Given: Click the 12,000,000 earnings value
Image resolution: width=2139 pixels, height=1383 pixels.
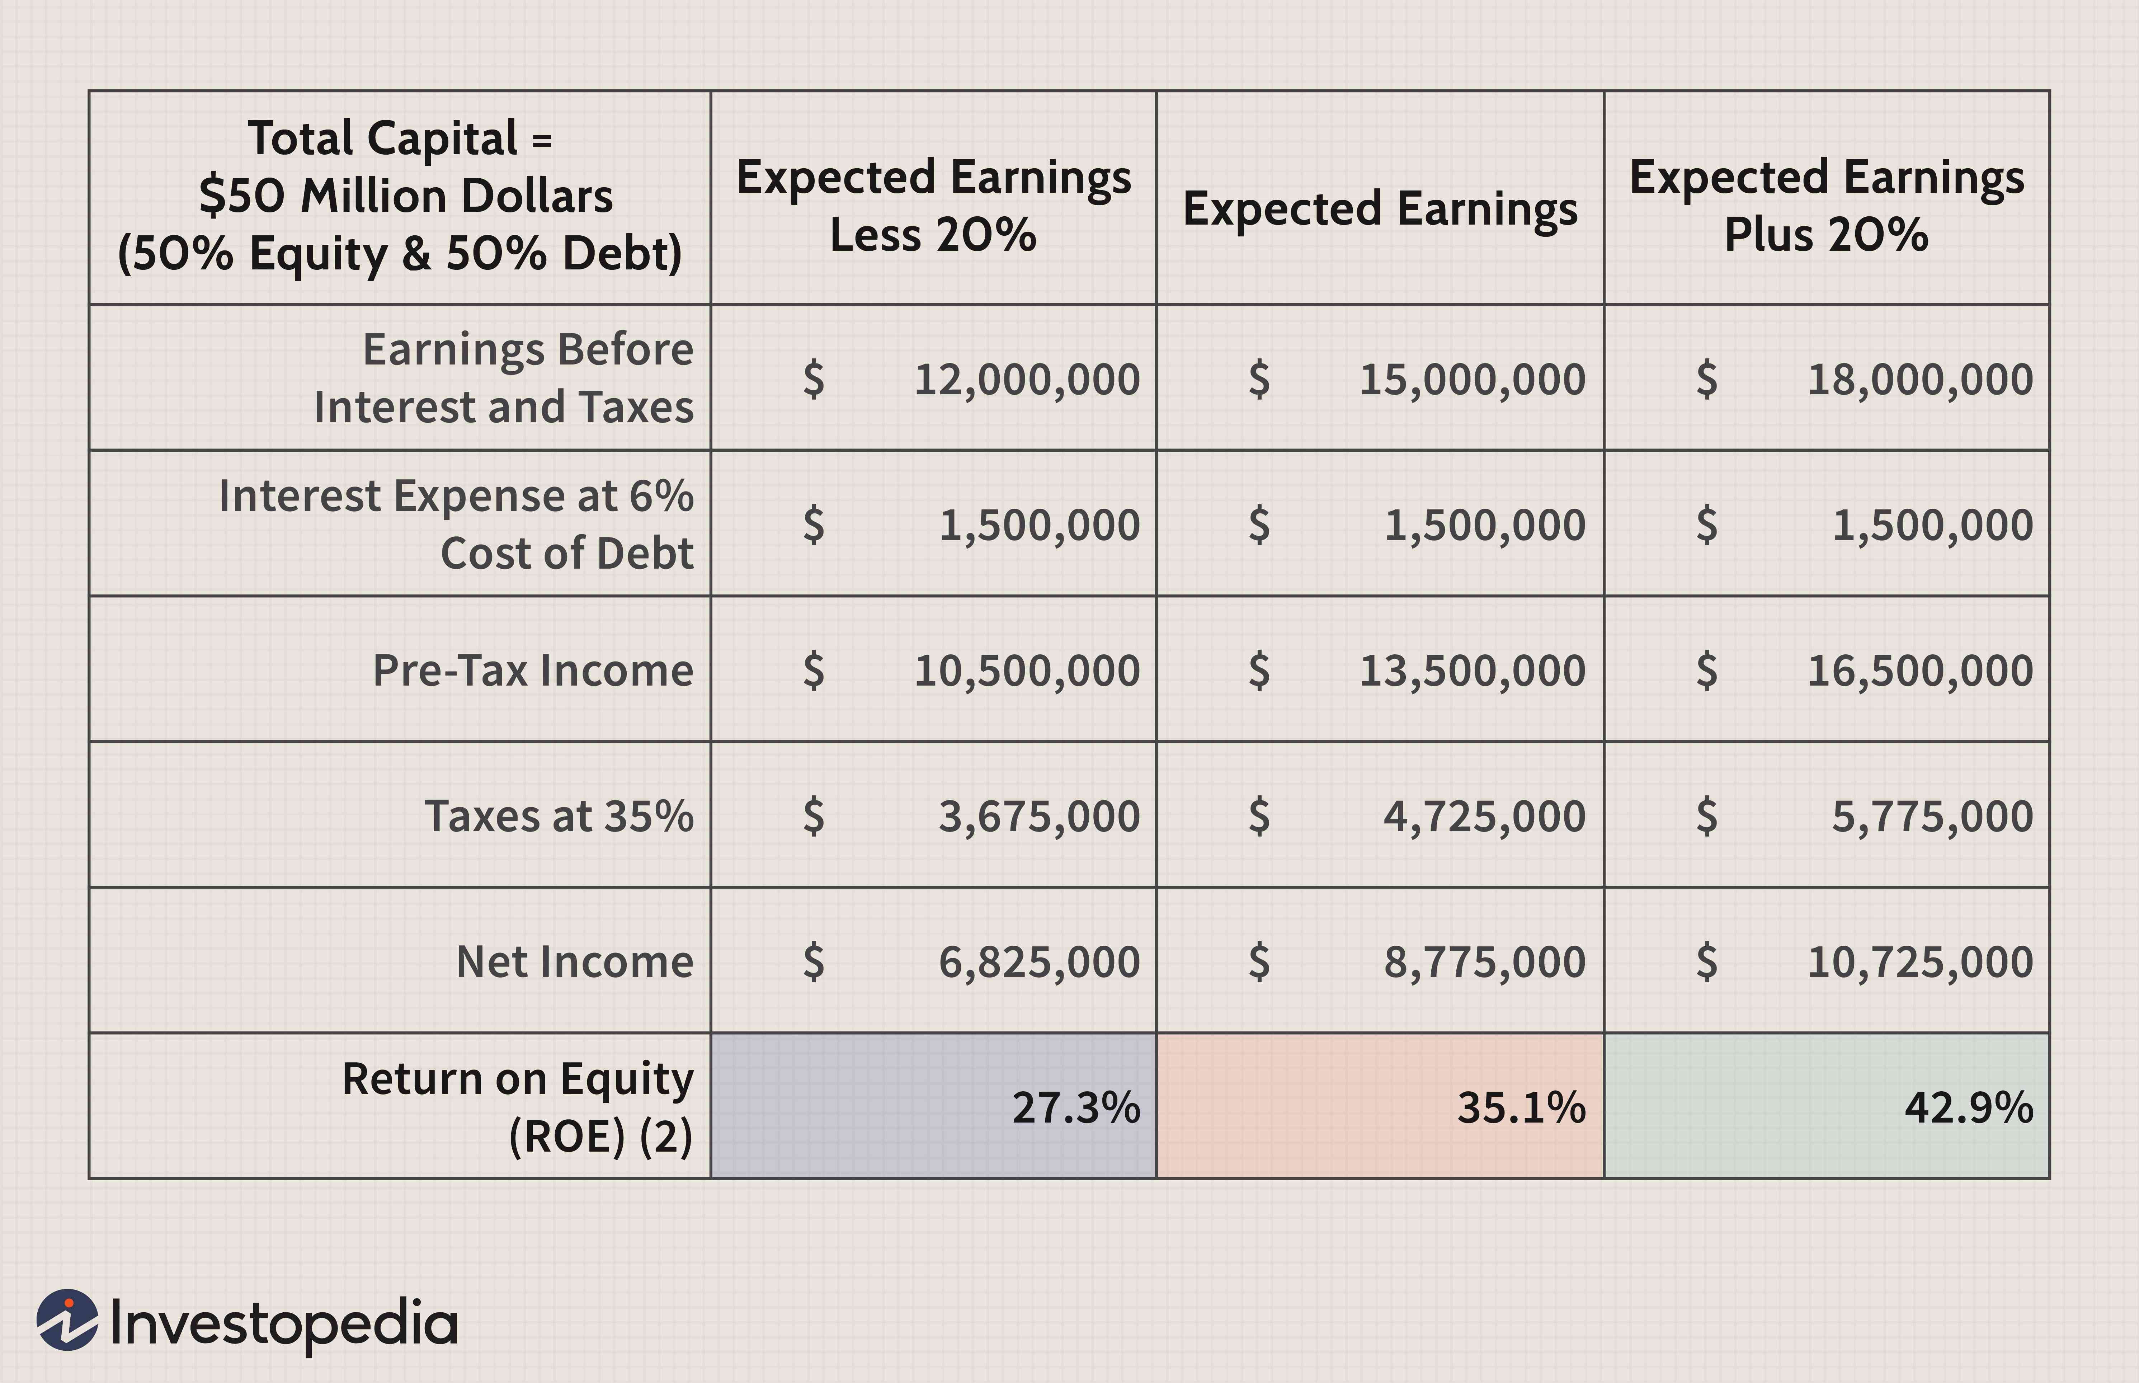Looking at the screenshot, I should click(x=1026, y=379).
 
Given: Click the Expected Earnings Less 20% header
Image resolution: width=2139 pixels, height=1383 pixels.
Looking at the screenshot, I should click(x=933, y=206).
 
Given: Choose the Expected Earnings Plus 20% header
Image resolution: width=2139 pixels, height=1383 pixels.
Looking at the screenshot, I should click(x=1827, y=206).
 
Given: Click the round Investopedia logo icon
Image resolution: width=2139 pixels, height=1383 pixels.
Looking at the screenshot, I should click(x=66, y=1320).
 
